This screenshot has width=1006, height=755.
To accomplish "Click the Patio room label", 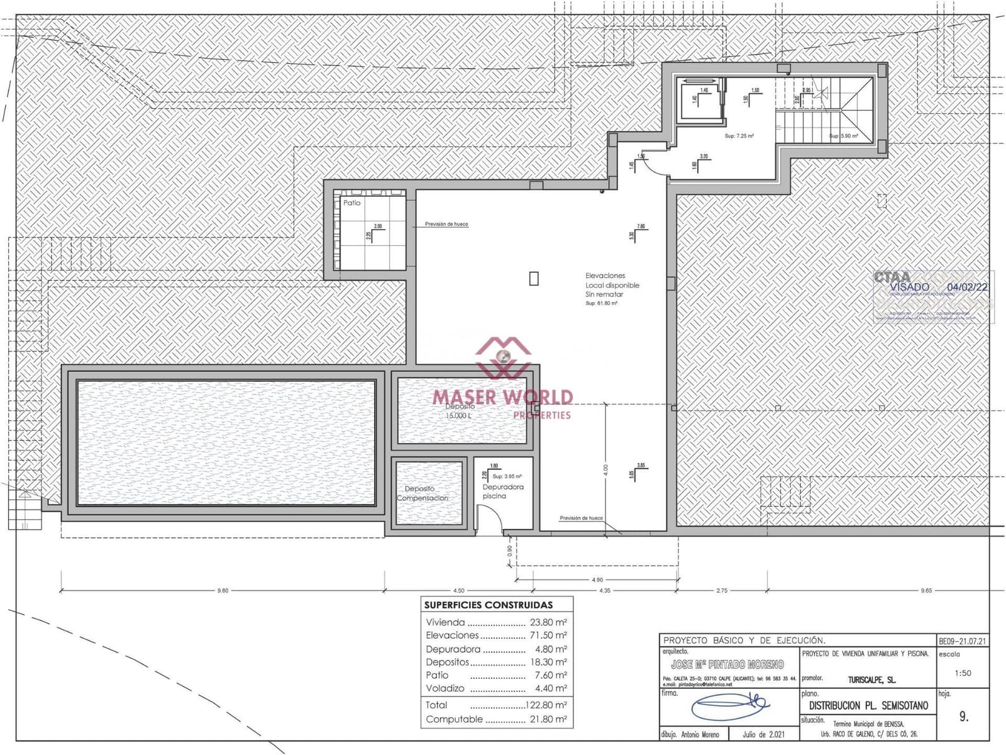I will click(352, 203).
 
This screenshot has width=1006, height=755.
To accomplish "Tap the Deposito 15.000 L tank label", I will click(460, 411).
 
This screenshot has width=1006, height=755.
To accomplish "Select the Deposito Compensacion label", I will click(422, 493).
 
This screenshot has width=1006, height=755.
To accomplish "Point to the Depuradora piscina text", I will click(502, 491).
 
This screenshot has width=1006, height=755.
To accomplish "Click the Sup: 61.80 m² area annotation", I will click(601, 303).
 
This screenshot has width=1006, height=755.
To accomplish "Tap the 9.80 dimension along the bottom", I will click(223, 591).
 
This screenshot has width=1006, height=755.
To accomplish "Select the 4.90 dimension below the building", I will click(597, 580).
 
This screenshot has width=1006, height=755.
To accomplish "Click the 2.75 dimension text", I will click(721, 591).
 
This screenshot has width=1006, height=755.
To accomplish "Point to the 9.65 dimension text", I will click(926, 591).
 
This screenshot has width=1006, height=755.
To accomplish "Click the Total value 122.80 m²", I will click(546, 705).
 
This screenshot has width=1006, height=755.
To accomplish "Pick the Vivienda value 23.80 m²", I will click(548, 622).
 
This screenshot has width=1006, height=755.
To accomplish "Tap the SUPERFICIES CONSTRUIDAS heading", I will click(489, 605).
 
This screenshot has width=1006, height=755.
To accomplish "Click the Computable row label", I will click(454, 719).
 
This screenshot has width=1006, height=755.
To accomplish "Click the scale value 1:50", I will click(963, 673).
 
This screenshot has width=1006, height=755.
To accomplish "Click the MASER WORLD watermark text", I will click(502, 397).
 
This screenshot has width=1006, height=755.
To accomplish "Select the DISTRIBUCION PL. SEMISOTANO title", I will click(868, 706).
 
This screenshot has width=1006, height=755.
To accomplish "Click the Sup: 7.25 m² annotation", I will click(739, 136).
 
